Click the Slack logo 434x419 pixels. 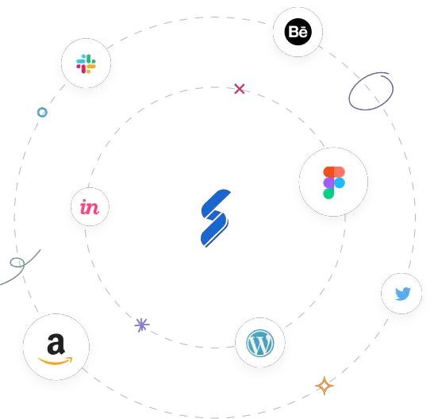(x=86, y=63)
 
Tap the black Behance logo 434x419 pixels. (x=298, y=32)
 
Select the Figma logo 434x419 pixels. (x=334, y=183)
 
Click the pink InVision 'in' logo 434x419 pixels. (x=90, y=207)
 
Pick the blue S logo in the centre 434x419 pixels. (x=215, y=217)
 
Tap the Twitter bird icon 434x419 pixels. (x=403, y=294)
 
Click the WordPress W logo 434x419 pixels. (x=260, y=343)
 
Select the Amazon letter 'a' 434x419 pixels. (x=56, y=344)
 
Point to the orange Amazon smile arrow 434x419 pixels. (x=56, y=361)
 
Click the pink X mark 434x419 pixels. (x=240, y=89)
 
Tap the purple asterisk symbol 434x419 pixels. (x=142, y=325)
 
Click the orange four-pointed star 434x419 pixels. (x=325, y=386)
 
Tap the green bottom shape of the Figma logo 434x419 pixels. (x=328, y=194)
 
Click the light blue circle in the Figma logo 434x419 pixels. (x=340, y=183)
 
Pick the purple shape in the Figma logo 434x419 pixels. (x=328, y=183)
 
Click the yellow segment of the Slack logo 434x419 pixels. (x=90, y=67)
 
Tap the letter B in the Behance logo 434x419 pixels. (x=294, y=32)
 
